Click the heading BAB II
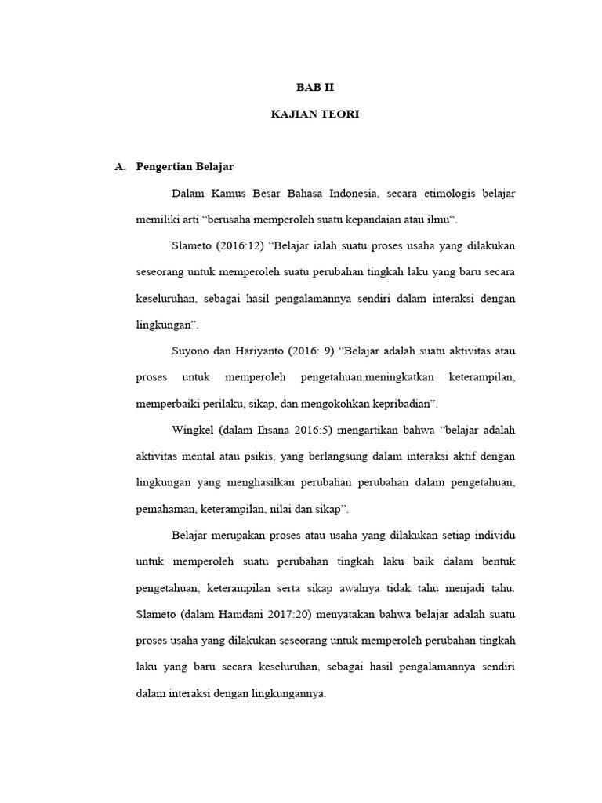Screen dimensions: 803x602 (314, 88)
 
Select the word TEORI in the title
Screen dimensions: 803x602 (339, 114)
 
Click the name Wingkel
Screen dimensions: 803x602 (192, 430)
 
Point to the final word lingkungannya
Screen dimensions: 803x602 (285, 694)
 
